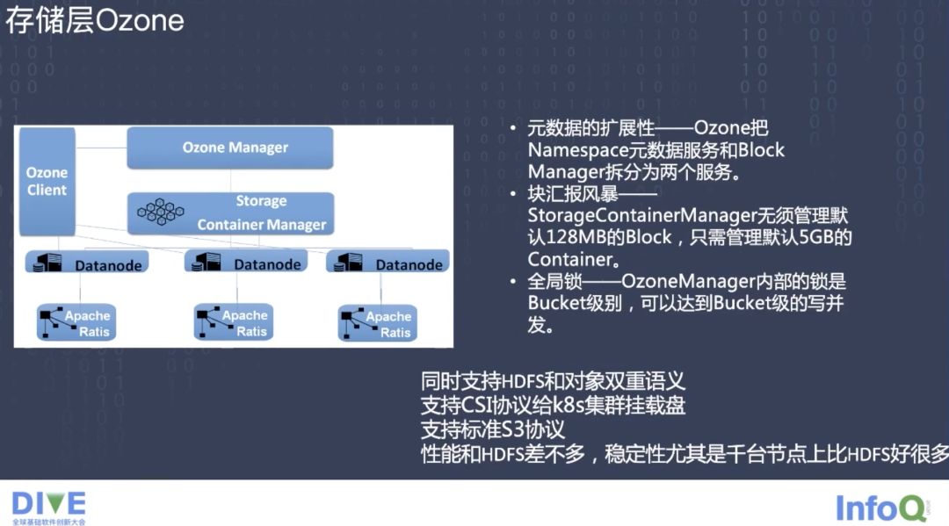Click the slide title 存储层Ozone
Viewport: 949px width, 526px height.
[x=95, y=21]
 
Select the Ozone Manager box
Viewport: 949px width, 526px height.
[x=230, y=148]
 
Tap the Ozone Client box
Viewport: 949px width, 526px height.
[x=47, y=181]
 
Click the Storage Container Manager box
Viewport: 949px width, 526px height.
[x=230, y=213]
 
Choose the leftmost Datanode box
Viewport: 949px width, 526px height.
[x=87, y=263]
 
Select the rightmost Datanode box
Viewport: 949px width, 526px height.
[x=388, y=263]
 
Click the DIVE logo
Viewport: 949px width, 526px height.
[x=49, y=504]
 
